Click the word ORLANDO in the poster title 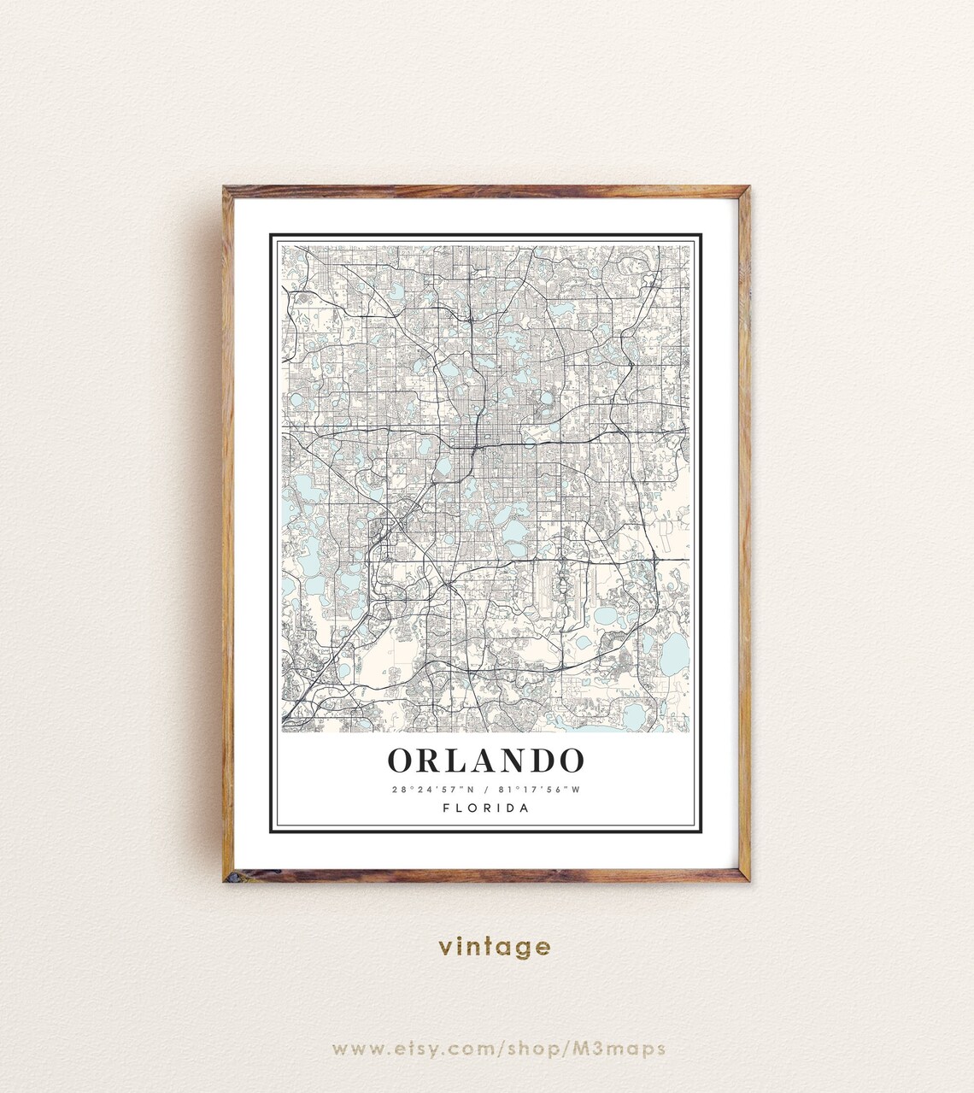point(486,760)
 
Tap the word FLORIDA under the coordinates point(486,808)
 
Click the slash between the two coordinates point(485,789)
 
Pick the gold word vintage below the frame point(495,947)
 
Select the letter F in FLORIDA point(447,808)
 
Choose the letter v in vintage point(445,948)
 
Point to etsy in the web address point(417,1049)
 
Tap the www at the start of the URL point(355,1049)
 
